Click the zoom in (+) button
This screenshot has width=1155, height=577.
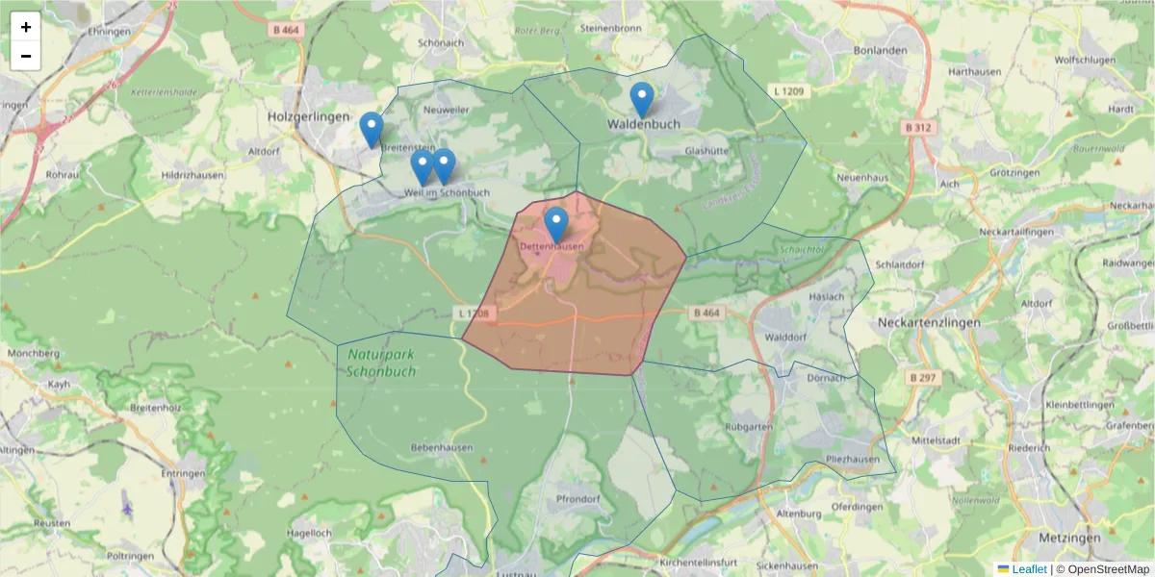(x=26, y=27)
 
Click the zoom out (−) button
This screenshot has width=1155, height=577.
(x=26, y=56)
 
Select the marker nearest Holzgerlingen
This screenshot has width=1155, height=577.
(x=371, y=130)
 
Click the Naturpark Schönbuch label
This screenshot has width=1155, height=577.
(x=381, y=363)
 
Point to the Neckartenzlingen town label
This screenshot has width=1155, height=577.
(x=929, y=323)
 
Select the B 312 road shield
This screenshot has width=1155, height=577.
(x=918, y=127)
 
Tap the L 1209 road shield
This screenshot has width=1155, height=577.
(x=788, y=91)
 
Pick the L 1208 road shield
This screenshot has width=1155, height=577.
(x=474, y=314)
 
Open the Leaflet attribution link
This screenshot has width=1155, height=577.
(x=1029, y=569)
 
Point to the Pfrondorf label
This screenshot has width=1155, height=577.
(x=577, y=500)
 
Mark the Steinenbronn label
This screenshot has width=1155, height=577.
(x=610, y=29)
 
